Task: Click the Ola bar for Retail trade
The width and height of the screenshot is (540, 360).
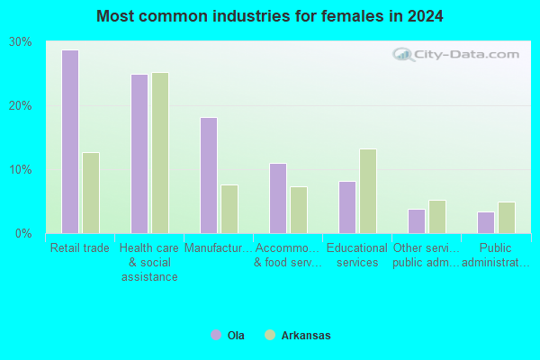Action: (x=70, y=141)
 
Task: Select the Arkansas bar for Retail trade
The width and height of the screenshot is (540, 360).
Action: (x=91, y=193)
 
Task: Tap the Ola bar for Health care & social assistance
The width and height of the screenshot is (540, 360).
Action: (x=139, y=154)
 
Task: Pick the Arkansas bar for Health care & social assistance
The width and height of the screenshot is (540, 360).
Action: (x=160, y=153)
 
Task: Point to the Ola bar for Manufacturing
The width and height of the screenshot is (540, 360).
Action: (x=209, y=175)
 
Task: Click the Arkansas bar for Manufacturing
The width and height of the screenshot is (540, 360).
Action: (x=229, y=209)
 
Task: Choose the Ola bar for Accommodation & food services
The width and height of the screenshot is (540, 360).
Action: (x=278, y=198)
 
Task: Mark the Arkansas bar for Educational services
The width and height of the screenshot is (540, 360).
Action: (x=368, y=191)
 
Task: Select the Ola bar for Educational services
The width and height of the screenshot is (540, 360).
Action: (x=347, y=207)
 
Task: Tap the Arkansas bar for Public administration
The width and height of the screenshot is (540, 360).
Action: (x=507, y=218)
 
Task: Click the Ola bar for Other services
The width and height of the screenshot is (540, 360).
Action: (x=417, y=221)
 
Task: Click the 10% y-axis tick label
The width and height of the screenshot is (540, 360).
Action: (x=20, y=170)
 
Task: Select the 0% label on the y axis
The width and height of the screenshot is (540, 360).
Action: (x=23, y=234)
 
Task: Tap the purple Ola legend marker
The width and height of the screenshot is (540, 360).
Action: (x=216, y=335)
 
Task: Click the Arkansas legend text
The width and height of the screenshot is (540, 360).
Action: (x=306, y=335)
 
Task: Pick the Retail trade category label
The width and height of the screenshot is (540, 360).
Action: (x=80, y=247)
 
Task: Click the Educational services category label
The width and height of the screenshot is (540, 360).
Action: (x=357, y=255)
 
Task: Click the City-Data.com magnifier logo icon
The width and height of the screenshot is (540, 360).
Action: (x=404, y=54)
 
